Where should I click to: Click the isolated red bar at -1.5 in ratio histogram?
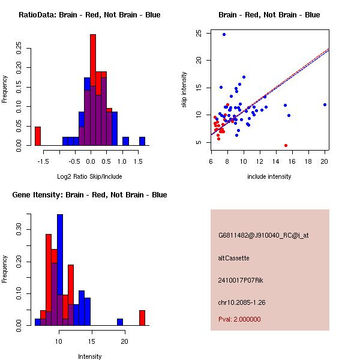pyautogui.click(x=37, y=136)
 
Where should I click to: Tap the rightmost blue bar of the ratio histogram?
pyautogui.click(x=142, y=142)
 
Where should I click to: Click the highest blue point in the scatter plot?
pyautogui.click(x=224, y=35)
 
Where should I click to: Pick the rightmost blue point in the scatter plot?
pyautogui.click(x=325, y=104)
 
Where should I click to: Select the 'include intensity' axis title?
pyautogui.click(x=269, y=176)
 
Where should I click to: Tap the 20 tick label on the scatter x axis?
pyautogui.click(x=325, y=161)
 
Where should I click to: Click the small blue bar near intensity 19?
pyautogui.click(x=120, y=322)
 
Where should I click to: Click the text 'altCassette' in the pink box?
pyautogui.click(x=233, y=258)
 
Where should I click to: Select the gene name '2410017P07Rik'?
pyautogui.click(x=241, y=280)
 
